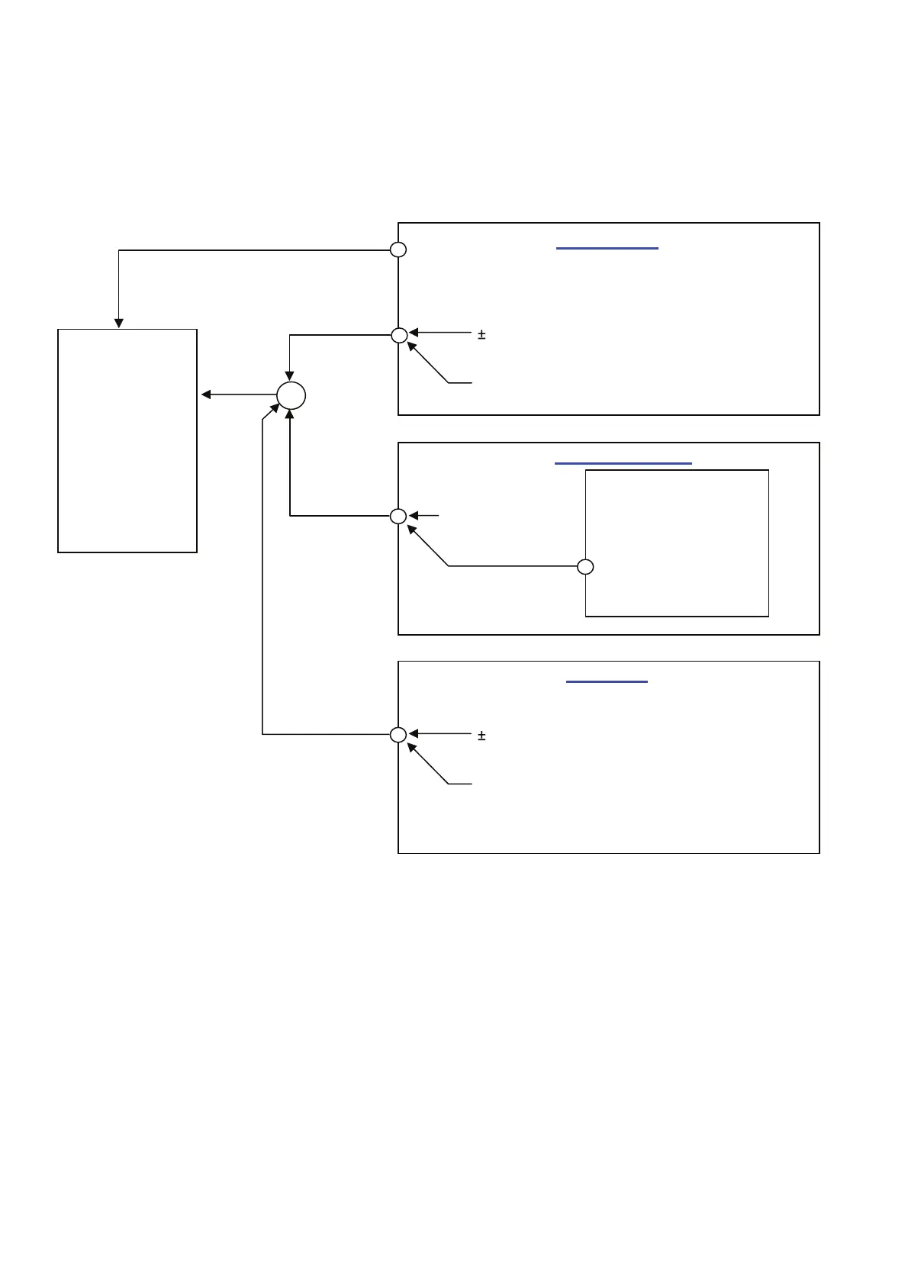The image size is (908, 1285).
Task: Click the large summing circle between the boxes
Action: (x=291, y=395)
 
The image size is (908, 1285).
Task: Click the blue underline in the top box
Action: (x=607, y=249)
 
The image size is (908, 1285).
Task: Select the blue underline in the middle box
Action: (x=623, y=463)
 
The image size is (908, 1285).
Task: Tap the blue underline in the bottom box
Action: (x=607, y=681)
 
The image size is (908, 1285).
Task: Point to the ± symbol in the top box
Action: (x=481, y=334)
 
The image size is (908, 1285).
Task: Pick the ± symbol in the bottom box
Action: (x=481, y=736)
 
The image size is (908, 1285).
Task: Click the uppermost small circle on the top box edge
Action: (x=398, y=250)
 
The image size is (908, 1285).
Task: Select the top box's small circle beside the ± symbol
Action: (x=398, y=335)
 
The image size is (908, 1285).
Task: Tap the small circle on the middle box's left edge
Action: (x=398, y=517)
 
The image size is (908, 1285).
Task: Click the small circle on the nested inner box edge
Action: (x=585, y=567)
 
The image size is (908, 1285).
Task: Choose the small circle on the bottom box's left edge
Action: (x=398, y=735)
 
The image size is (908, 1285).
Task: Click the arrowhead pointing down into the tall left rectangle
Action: (x=119, y=323)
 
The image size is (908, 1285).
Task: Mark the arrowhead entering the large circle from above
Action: (x=290, y=376)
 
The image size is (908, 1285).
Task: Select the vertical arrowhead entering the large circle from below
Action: (x=290, y=415)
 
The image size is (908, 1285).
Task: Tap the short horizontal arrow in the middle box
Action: (x=423, y=517)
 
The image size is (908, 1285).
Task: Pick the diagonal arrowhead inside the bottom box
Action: (x=413, y=749)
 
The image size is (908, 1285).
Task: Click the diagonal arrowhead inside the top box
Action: (x=413, y=348)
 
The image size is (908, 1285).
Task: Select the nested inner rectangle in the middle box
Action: (x=676, y=543)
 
